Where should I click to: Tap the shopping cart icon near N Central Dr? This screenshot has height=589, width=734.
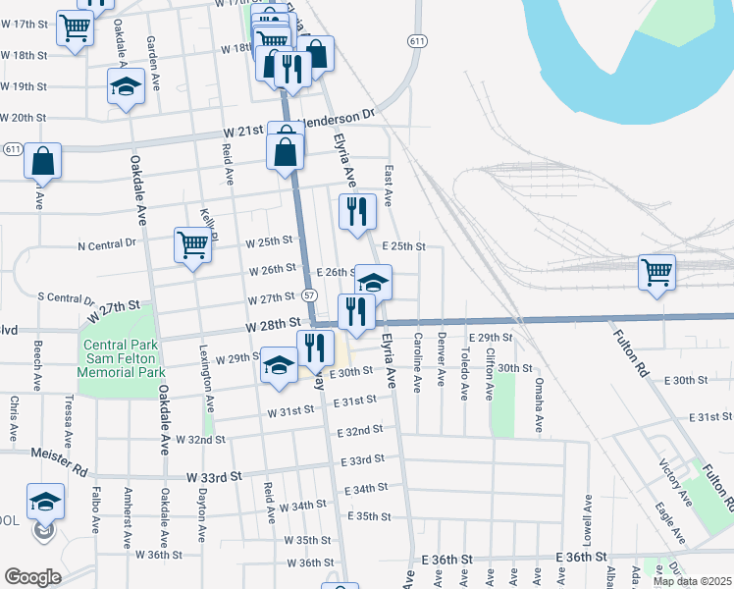[193, 244]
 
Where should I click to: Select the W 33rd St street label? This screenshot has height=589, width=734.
[214, 477]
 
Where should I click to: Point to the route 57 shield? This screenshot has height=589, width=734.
[309, 294]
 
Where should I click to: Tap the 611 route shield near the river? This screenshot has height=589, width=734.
[418, 41]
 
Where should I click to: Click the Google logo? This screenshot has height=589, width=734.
[32, 576]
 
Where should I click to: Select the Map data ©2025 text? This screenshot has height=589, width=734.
[692, 581]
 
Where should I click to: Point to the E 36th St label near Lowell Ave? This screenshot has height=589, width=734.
[585, 558]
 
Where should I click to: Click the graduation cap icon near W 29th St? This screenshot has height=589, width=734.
[279, 366]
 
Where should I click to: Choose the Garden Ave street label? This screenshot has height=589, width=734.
[152, 58]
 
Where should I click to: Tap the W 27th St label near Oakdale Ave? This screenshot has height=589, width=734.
[119, 312]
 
